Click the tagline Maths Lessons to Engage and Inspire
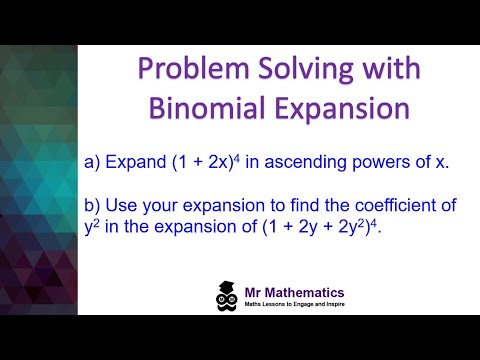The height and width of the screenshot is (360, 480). (311, 306)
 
